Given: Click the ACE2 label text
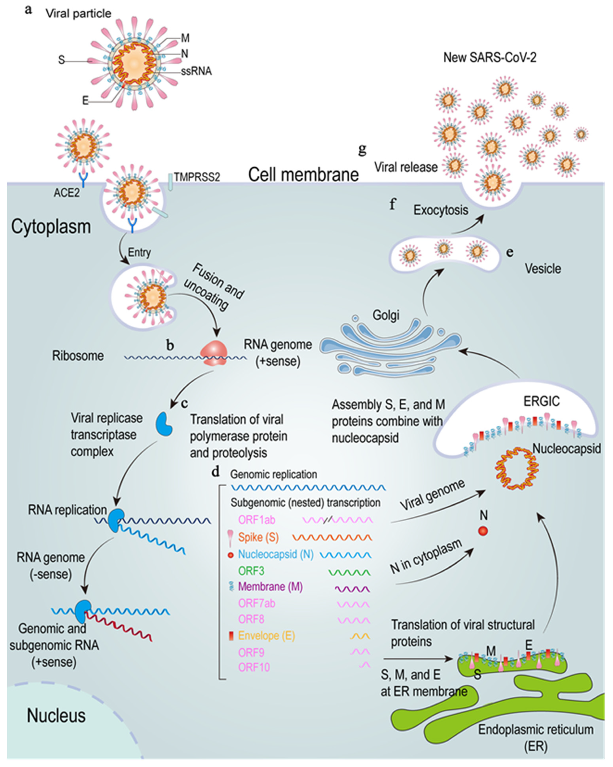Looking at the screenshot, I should coord(67,193).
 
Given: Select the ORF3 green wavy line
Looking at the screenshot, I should coord(349,573).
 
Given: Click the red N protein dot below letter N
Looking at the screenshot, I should coord(483,531).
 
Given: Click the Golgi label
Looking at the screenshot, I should coord(386,315).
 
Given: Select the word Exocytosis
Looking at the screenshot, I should coord(440,210).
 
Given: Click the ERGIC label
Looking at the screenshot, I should coord(541,401).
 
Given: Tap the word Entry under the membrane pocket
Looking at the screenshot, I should coord(139,252).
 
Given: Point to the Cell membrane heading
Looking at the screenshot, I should coord(303,175).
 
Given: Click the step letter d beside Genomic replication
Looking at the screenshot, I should coord(215,472).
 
